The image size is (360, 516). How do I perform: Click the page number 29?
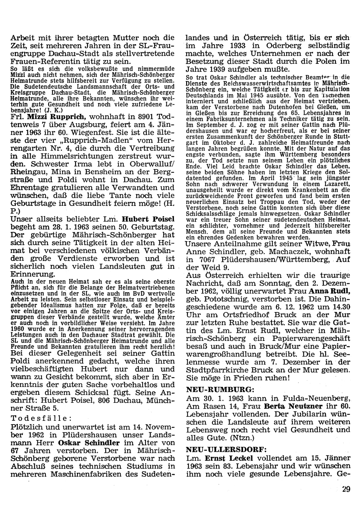point(346,489)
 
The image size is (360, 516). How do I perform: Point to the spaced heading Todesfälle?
point(41,418)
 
